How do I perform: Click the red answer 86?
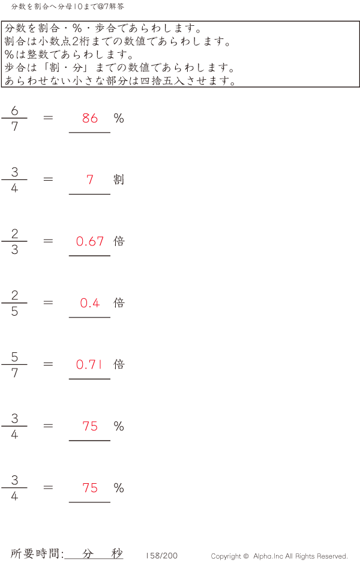coord(90,118)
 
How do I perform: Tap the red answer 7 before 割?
coord(90,179)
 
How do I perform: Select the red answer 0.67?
coord(90,241)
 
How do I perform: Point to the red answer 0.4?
coord(90,303)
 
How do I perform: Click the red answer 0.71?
coord(90,364)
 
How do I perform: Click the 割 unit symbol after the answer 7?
coord(119,179)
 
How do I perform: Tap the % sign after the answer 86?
coord(119,118)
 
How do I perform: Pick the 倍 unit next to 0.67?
coord(119,241)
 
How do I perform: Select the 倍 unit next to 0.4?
coord(119,303)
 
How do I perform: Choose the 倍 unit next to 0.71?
coord(119,364)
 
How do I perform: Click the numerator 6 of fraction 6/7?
coord(14,110)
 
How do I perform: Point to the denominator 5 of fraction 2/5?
coord(14,312)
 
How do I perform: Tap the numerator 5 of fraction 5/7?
coord(14,357)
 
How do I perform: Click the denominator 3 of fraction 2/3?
coord(14,250)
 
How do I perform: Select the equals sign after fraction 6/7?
coord(49,118)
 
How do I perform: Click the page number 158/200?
coord(161,556)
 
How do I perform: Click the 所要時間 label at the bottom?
coord(37,554)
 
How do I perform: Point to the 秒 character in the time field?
coord(116,553)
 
